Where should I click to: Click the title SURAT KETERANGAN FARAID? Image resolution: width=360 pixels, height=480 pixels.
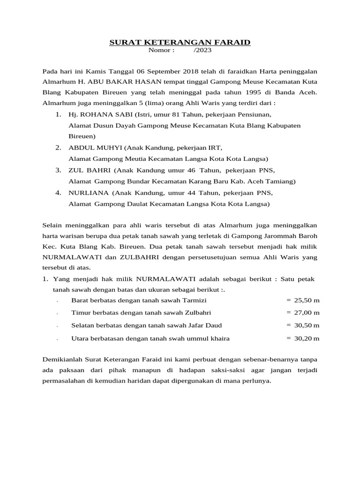coord(180,43)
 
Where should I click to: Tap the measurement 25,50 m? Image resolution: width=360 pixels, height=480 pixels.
coord(307,300)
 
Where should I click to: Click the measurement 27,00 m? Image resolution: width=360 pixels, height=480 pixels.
coord(307,312)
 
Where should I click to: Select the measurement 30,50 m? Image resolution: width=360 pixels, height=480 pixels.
coord(307,325)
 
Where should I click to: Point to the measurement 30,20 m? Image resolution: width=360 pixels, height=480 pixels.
coord(307,337)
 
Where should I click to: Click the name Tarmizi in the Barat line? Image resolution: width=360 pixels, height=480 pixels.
coord(193,300)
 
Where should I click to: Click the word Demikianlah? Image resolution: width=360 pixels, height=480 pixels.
coord(62,360)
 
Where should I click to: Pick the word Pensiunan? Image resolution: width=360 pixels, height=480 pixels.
coord(253,115)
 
